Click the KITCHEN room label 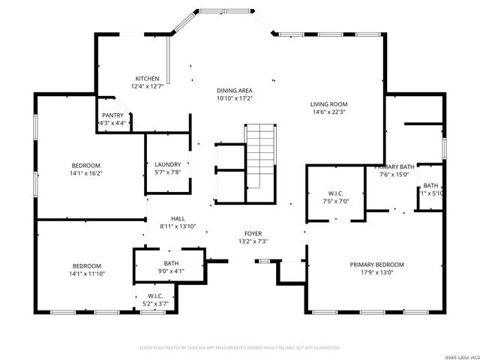[x=147, y=79]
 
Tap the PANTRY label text [x=113, y=115]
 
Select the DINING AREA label [x=235, y=90]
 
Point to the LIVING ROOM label [x=328, y=104]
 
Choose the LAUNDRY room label [x=168, y=165]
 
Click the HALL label [x=177, y=218]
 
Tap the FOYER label [x=253, y=233]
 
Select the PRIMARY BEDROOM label [x=376, y=265]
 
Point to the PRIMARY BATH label [x=394, y=166]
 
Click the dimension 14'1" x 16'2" [x=85, y=173]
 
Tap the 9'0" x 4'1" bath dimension [x=171, y=271]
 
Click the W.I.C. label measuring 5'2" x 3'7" [x=155, y=296]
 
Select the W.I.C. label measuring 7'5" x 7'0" [x=335, y=194]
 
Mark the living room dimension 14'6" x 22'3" [x=328, y=112]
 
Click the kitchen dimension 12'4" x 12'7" [x=147, y=86]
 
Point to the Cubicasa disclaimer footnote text [x=240, y=348]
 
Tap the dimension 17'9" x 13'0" [x=376, y=273]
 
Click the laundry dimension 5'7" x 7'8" [x=168, y=172]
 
